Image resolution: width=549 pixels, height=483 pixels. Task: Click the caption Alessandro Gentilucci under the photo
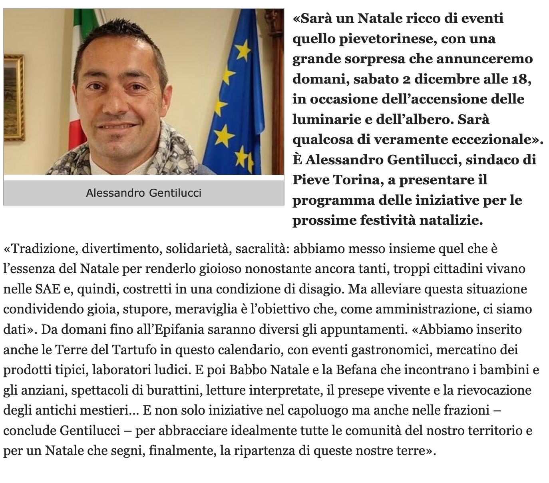pos(143,193)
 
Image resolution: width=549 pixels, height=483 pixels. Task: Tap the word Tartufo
pos(132,350)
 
